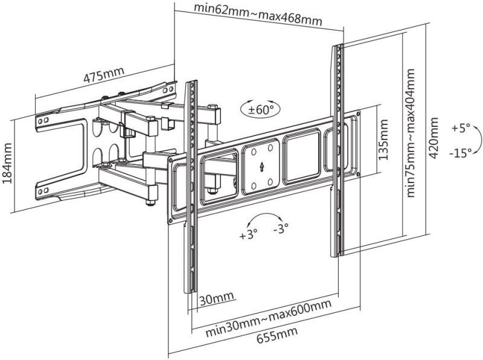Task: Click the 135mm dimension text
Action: (382, 139)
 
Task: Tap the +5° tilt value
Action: (459, 129)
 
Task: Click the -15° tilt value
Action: (460, 153)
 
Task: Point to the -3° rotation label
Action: (280, 228)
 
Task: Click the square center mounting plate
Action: (261, 165)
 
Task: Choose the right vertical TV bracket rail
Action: (336, 151)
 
